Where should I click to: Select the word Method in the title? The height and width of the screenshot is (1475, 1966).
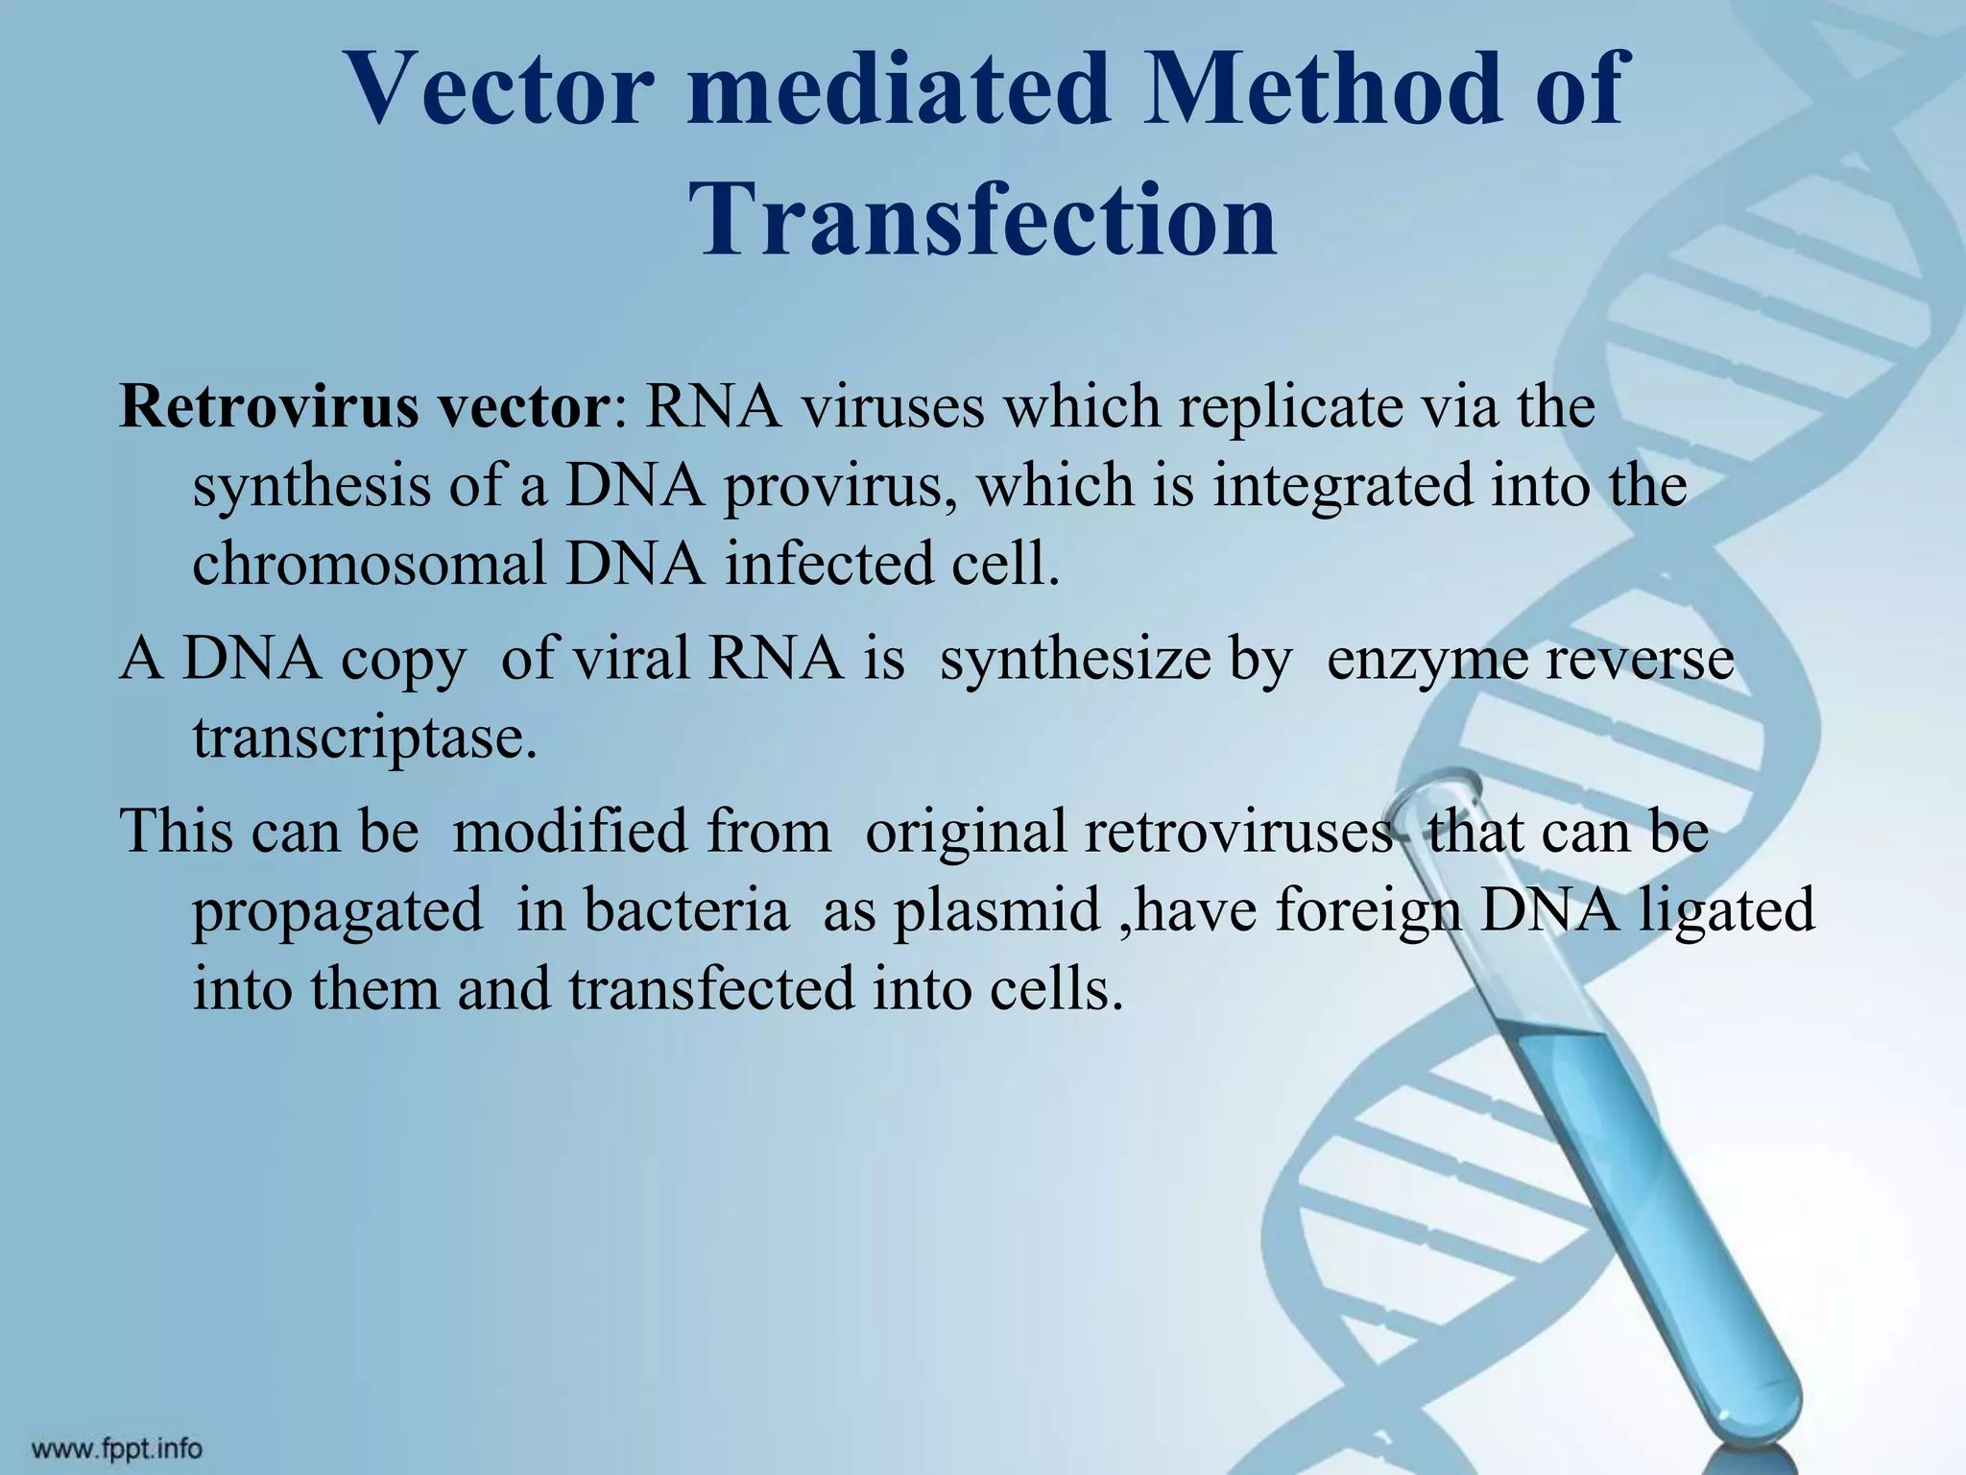[x=1327, y=88]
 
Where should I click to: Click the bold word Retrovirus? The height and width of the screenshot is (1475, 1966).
[x=268, y=406]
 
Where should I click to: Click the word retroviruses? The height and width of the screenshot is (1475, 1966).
[x=1238, y=831]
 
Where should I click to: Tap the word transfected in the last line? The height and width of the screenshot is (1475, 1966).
[x=710, y=989]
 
